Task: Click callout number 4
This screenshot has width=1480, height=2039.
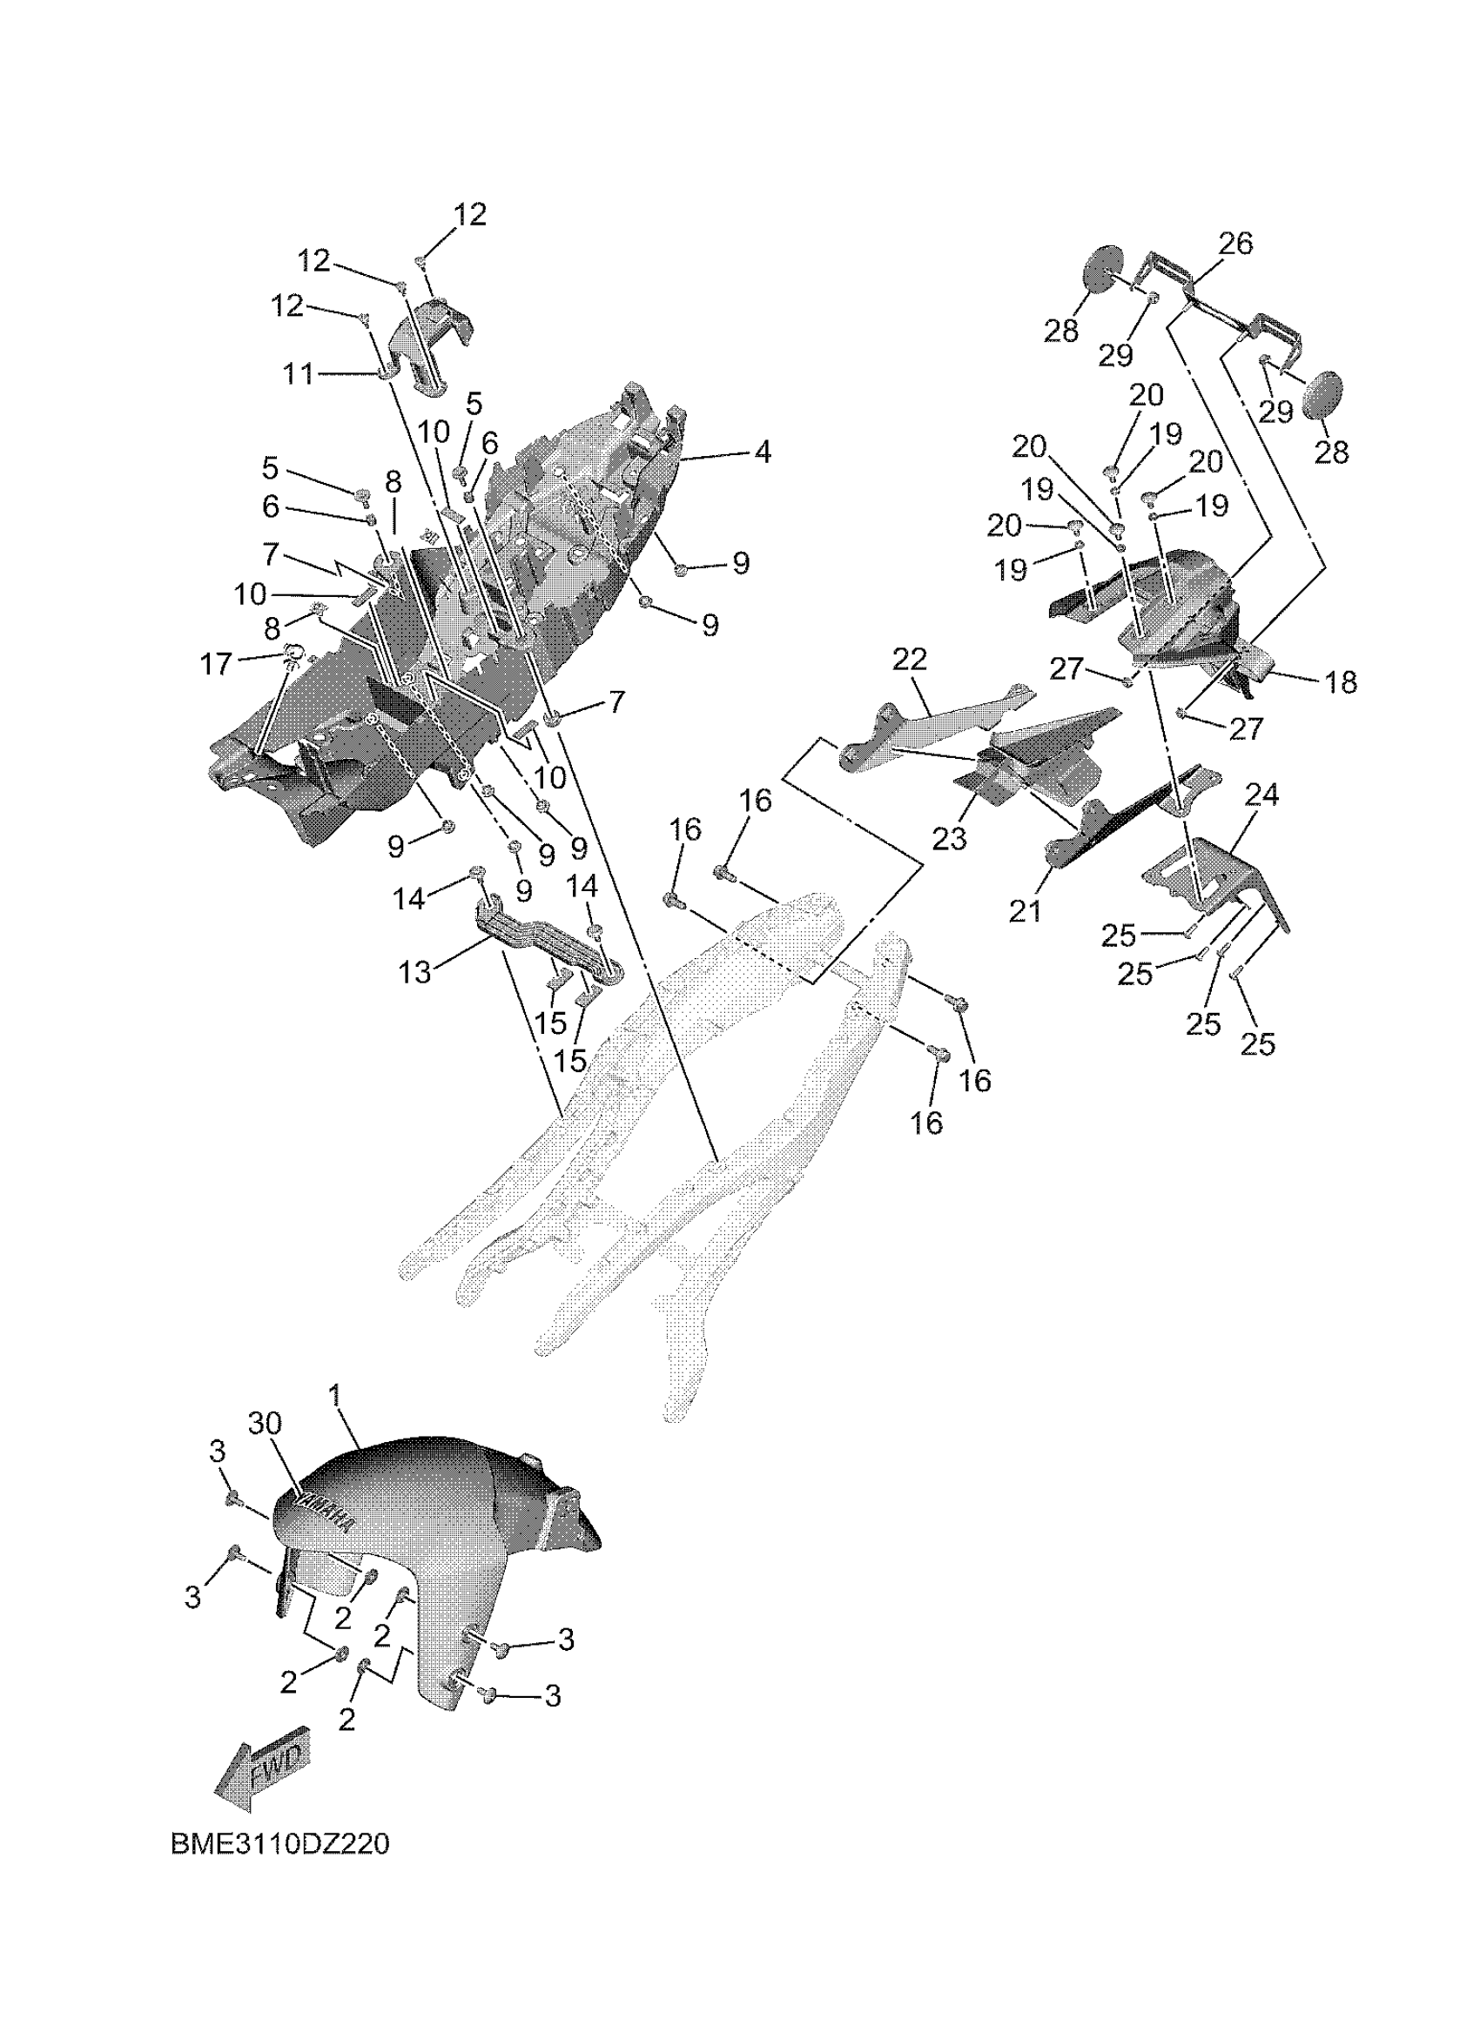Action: tap(763, 452)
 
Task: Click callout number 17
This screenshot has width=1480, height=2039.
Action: tap(216, 664)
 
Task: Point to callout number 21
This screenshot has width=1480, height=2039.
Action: tap(1025, 910)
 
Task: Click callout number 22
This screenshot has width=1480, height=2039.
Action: tap(909, 659)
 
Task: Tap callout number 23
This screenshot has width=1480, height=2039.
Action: tap(950, 838)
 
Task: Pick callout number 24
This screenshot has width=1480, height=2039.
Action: tap(1261, 794)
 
